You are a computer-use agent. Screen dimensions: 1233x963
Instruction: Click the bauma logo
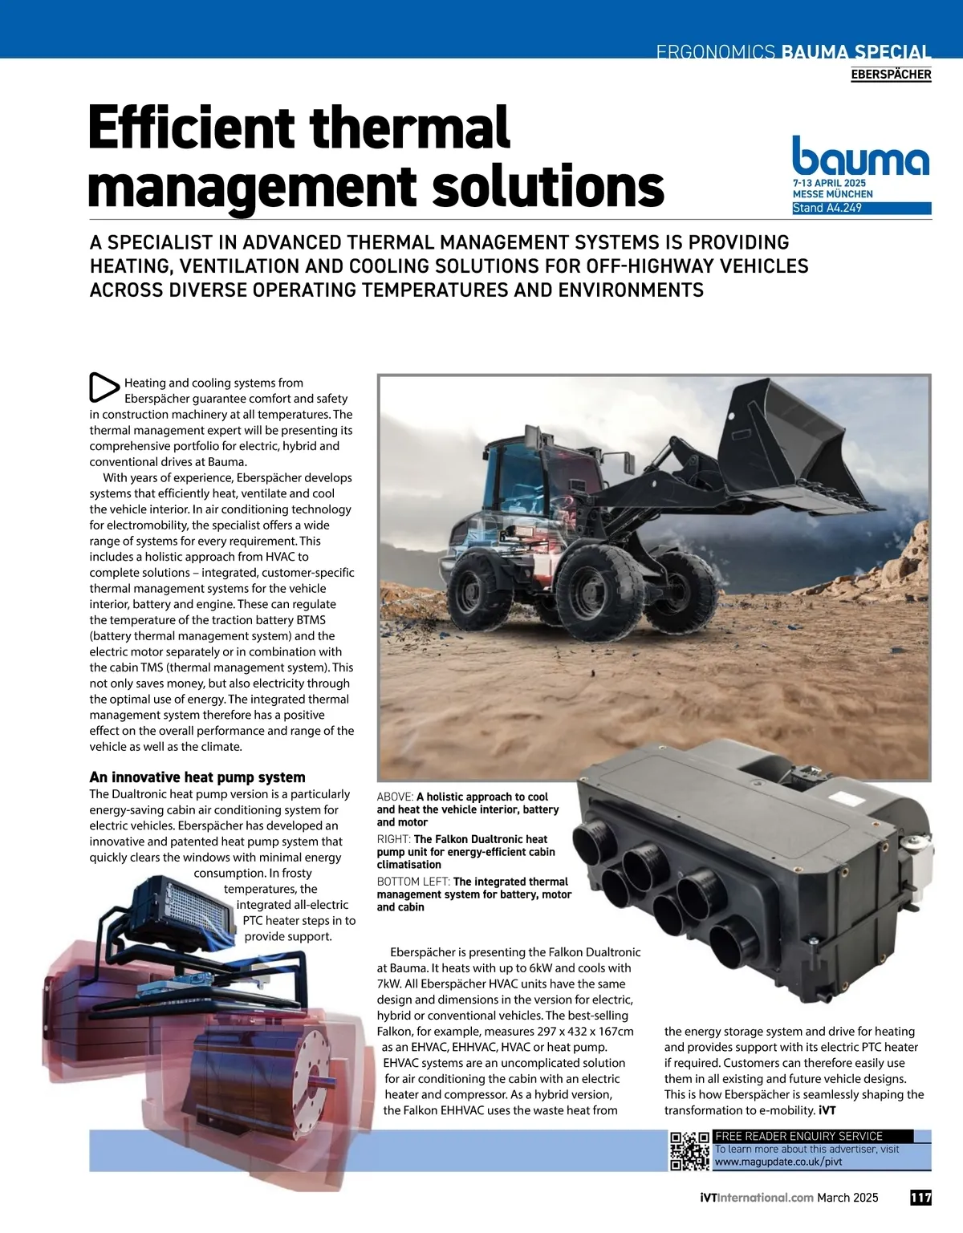860,156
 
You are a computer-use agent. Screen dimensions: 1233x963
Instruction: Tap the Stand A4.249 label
827,208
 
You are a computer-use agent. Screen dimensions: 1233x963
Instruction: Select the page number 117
920,1198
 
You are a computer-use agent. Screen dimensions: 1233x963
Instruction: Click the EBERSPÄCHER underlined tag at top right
891,75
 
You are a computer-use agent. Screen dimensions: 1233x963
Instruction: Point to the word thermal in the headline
409,128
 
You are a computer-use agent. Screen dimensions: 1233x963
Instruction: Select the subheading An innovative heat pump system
197,777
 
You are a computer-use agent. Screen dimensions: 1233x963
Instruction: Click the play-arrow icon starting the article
104,387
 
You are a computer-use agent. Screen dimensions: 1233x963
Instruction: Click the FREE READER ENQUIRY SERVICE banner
798,1136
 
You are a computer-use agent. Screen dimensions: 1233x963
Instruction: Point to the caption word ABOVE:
396,797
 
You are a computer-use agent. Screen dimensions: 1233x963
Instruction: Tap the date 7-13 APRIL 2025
829,184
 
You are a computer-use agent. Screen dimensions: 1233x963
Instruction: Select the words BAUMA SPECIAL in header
855,53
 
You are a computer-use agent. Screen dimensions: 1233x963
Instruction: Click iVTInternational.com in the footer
757,1198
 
